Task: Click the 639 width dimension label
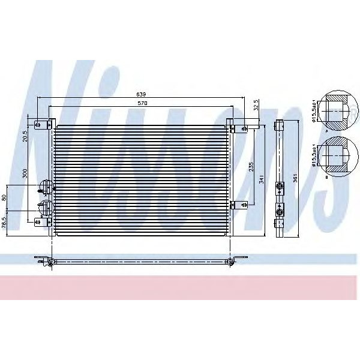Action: pyautogui.click(x=141, y=94)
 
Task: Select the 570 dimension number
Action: pyautogui.click(x=141, y=103)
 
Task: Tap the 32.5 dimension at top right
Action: pyautogui.click(x=256, y=106)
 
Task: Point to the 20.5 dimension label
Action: pyautogui.click(x=25, y=136)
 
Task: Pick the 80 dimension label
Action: pyautogui.click(x=5, y=197)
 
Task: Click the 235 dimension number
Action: pyautogui.click(x=251, y=166)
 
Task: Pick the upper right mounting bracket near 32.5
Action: pyautogui.click(x=244, y=128)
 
